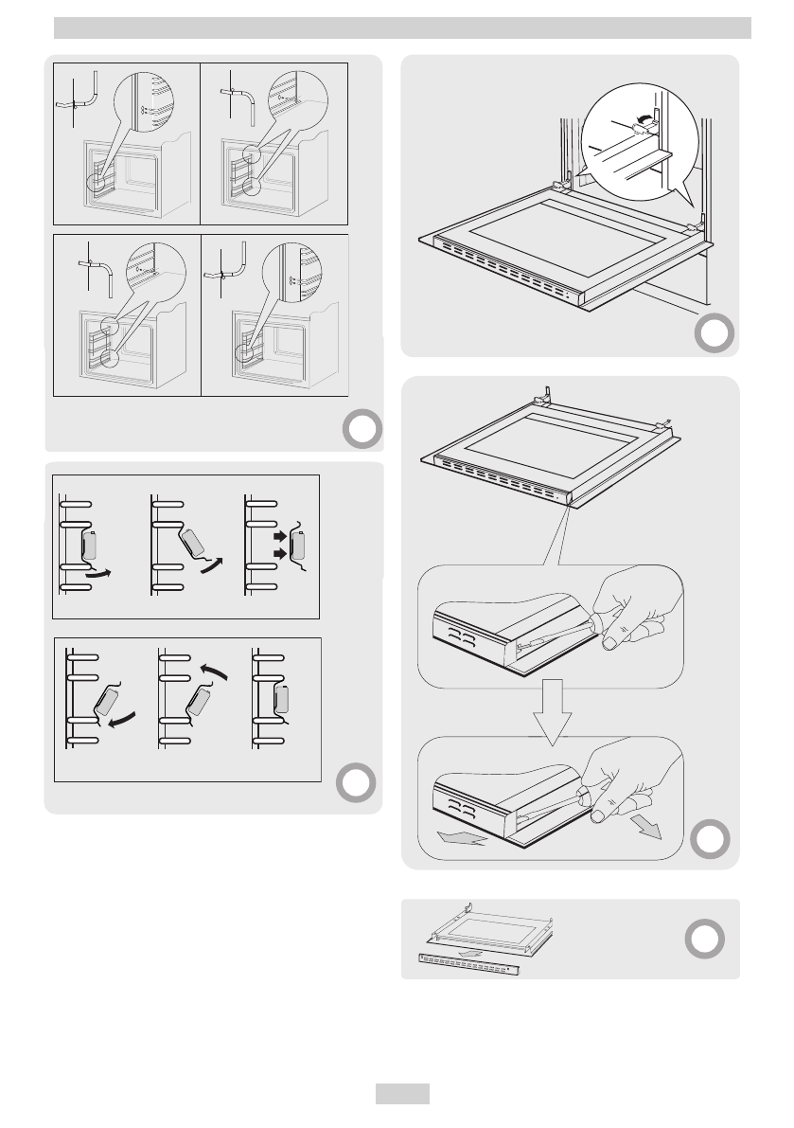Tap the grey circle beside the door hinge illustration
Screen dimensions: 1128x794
click(712, 333)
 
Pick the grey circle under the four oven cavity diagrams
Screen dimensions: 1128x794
click(360, 430)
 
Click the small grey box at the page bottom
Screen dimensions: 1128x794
click(402, 1093)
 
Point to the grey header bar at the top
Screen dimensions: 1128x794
click(402, 28)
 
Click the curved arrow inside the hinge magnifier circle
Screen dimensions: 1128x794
click(645, 117)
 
